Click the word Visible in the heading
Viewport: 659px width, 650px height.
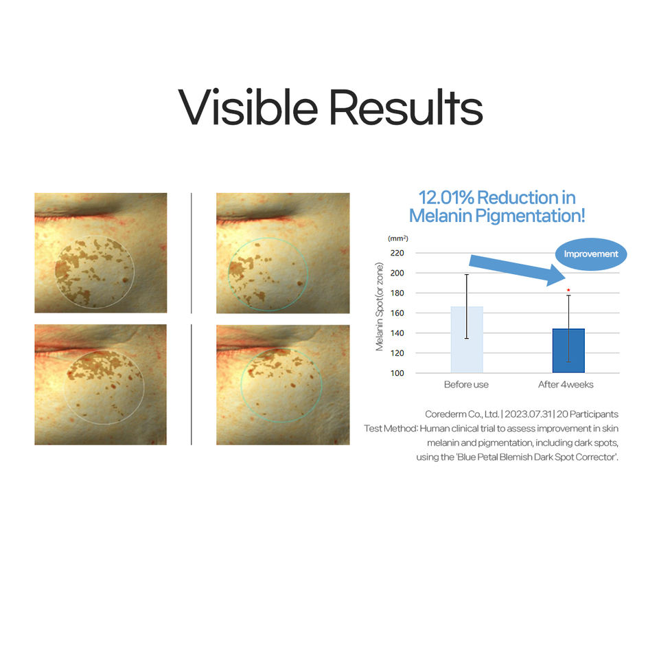tap(248, 107)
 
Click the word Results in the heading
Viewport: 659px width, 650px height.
tap(406, 107)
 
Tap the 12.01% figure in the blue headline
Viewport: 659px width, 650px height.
tap(446, 198)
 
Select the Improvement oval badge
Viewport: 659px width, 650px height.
tap(590, 254)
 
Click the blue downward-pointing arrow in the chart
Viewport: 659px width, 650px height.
tap(518, 269)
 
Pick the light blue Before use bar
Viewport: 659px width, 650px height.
tap(467, 339)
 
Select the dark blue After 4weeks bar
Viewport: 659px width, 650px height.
tap(568, 350)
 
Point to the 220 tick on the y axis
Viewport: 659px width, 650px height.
tap(397, 253)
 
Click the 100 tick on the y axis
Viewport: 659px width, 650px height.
tap(397, 373)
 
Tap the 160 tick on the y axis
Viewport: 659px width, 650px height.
tap(397, 313)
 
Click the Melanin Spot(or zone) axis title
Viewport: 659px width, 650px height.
tap(380, 306)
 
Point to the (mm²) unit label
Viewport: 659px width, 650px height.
tap(397, 238)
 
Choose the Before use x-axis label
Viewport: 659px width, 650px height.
tap(466, 385)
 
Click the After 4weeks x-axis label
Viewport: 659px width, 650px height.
tap(566, 385)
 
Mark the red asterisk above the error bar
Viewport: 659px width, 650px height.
tap(568, 290)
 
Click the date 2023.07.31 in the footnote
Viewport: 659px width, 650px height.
tap(528, 414)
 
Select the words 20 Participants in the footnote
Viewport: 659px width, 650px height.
tap(588, 414)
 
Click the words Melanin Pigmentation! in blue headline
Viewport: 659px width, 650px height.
tap(497, 216)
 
